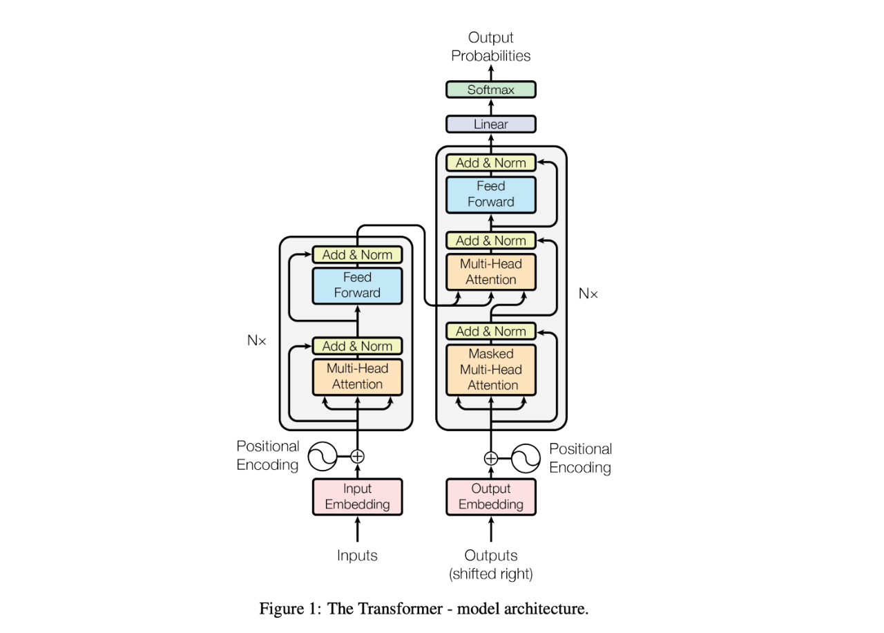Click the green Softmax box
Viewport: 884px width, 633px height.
(x=490, y=90)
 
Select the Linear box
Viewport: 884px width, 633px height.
(x=490, y=124)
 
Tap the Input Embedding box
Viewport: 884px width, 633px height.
(x=357, y=497)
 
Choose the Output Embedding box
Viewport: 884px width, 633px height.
(x=490, y=497)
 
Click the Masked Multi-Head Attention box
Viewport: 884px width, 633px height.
(x=490, y=370)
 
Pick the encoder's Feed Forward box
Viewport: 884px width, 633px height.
(x=357, y=285)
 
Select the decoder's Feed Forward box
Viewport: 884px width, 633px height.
(x=490, y=195)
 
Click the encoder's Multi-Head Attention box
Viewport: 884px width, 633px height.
(x=357, y=377)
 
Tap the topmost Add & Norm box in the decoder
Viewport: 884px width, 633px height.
(x=490, y=162)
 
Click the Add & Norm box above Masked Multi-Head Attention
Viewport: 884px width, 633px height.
(x=490, y=331)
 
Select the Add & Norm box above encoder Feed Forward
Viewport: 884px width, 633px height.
(x=357, y=255)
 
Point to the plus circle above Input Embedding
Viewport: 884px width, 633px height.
(x=357, y=457)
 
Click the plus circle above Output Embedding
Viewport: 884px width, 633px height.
(x=490, y=458)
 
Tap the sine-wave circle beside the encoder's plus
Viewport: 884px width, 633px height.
(x=323, y=457)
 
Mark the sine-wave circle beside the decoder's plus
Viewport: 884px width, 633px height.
(x=526, y=458)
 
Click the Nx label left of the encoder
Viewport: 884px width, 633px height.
(x=256, y=340)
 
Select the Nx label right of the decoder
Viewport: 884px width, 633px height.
(x=588, y=294)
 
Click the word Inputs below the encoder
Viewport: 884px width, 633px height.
(x=357, y=556)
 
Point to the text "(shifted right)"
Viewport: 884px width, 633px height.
(x=490, y=574)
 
